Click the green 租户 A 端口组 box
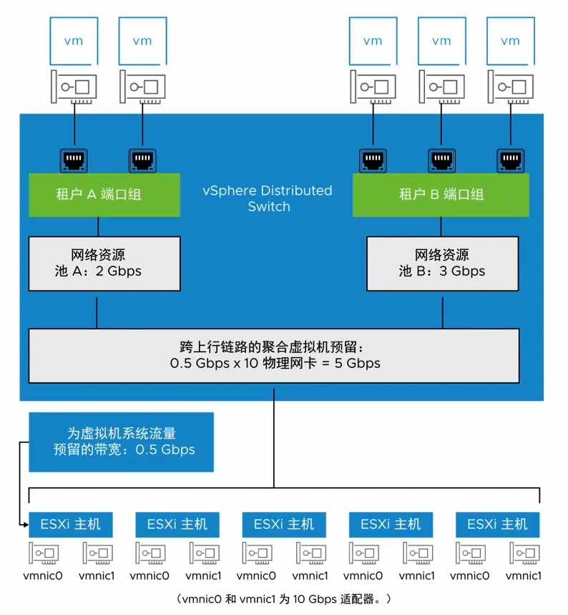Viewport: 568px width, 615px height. pyautogui.click(x=104, y=194)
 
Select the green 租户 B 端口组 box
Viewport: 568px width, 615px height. pyautogui.click(x=441, y=194)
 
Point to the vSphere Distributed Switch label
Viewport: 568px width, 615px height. pyautogui.click(x=267, y=198)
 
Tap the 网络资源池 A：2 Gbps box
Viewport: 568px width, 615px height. pyautogui.click(x=104, y=263)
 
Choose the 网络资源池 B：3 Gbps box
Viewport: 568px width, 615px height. pyautogui.click(x=441, y=263)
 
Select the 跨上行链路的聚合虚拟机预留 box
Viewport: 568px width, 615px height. pyautogui.click(x=274, y=355)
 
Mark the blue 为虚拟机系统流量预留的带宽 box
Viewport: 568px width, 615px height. pyautogui.click(x=121, y=442)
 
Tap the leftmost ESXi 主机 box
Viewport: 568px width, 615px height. pyautogui.click(x=70, y=524)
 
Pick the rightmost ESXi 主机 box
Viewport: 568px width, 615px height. pyautogui.click(x=497, y=524)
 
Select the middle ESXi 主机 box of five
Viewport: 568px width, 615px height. pyautogui.click(x=284, y=524)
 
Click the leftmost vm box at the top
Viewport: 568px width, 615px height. pyautogui.click(x=74, y=42)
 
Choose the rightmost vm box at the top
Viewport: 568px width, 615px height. pyautogui.click(x=510, y=42)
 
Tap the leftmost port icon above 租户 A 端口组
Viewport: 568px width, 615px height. pyautogui.click(x=74, y=159)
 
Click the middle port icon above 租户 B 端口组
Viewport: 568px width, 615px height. pyautogui.click(x=441, y=159)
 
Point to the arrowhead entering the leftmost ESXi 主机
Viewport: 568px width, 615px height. pyautogui.click(x=24, y=525)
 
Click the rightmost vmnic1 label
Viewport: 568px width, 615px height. pyautogui.click(x=524, y=575)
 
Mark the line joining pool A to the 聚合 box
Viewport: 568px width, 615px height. pyautogui.click(x=97, y=309)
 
